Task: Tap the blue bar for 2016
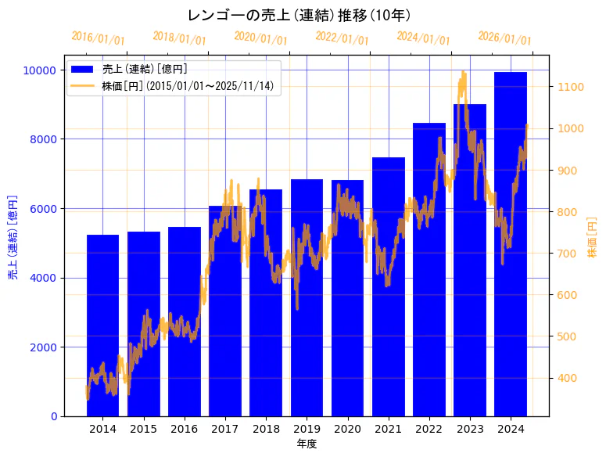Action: click(185, 321)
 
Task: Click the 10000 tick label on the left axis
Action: click(38, 70)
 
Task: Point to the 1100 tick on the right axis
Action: click(568, 87)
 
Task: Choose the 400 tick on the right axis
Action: click(566, 379)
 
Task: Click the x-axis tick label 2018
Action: click(266, 429)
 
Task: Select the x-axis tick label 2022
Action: click(429, 429)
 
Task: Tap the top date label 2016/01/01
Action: click(98, 38)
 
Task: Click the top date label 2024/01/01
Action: click(423, 38)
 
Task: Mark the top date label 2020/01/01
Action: click(260, 38)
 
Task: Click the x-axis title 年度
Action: click(307, 444)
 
